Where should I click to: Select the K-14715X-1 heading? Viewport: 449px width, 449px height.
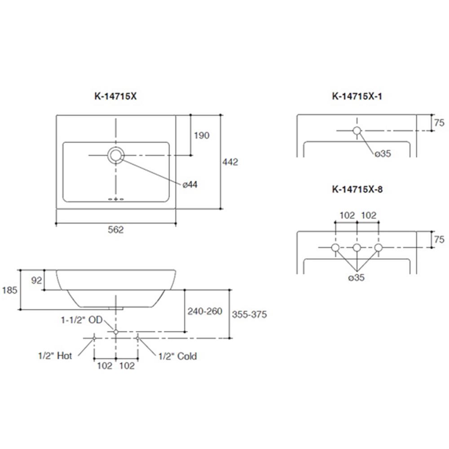point(357,96)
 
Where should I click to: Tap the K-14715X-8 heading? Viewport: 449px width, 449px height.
point(357,189)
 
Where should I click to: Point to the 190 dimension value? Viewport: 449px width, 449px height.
point(202,135)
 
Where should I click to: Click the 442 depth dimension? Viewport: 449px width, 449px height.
point(230,162)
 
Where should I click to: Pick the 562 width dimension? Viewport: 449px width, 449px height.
point(115,229)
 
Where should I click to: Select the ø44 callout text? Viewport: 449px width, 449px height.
point(190,185)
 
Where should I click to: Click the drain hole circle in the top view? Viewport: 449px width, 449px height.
point(115,155)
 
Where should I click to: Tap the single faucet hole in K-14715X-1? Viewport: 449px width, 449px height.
point(357,131)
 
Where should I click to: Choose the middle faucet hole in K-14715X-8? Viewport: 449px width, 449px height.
point(357,248)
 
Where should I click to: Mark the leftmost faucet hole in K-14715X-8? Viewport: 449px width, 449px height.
point(335,248)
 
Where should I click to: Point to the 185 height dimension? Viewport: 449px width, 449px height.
point(9,290)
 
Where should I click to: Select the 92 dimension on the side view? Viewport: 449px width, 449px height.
point(37,280)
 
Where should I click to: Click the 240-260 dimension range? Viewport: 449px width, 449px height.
point(205,311)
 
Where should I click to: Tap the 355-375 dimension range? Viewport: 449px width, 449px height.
point(249,314)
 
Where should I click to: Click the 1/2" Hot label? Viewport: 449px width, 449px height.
point(55,356)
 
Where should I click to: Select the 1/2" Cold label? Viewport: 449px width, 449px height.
point(177,356)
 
